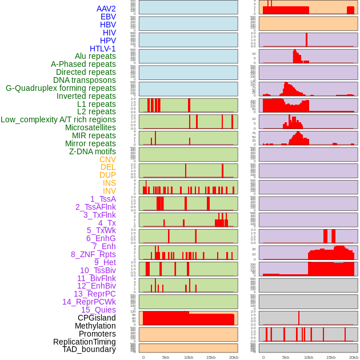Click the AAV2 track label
click(x=106, y=9)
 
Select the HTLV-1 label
click(x=102, y=49)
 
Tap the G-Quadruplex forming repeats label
click(x=61, y=88)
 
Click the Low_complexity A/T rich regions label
click(x=58, y=119)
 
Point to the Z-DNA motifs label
click(x=92, y=151)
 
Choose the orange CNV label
click(x=107, y=159)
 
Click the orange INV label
click(x=109, y=191)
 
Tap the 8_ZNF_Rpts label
click(x=93, y=254)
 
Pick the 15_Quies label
click(x=98, y=310)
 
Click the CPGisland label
click(x=97, y=318)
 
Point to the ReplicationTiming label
click(x=84, y=342)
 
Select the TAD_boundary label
click(x=89, y=349)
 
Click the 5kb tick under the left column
click(x=166, y=357)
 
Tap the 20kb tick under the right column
click(x=353, y=357)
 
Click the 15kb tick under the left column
click(x=211, y=357)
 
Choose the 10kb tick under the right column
click(x=308, y=357)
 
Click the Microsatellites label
click(x=90, y=127)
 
